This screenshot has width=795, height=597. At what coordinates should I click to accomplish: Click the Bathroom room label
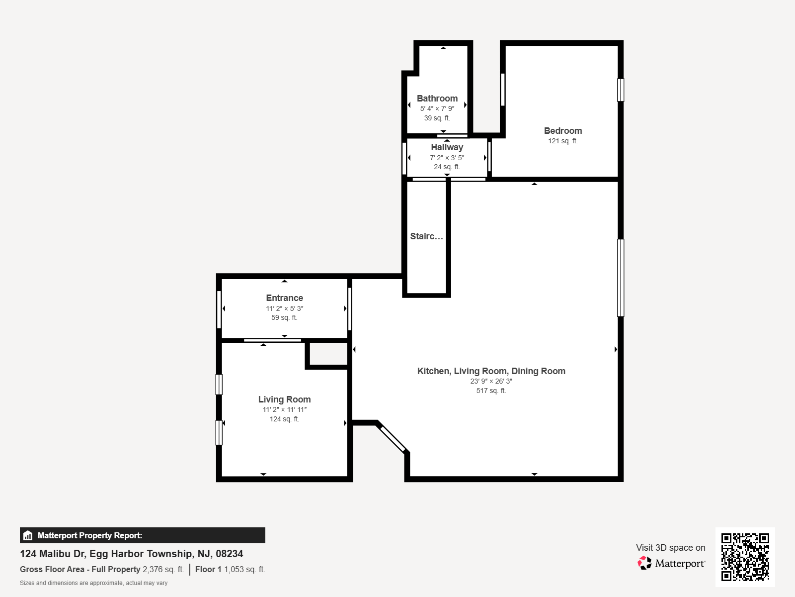pyautogui.click(x=437, y=98)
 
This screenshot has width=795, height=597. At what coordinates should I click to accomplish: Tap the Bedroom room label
pyautogui.click(x=563, y=130)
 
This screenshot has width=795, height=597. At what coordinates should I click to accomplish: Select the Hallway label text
pyautogui.click(x=447, y=147)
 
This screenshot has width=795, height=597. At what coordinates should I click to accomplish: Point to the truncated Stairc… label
pyautogui.click(x=426, y=236)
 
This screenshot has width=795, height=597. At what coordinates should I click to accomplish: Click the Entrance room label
pyautogui.click(x=284, y=298)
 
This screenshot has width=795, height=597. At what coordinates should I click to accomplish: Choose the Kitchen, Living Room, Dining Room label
pyautogui.click(x=491, y=371)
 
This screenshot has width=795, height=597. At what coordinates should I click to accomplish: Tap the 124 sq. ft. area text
pyautogui.click(x=284, y=419)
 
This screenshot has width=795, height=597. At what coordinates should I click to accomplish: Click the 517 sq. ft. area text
pyautogui.click(x=491, y=391)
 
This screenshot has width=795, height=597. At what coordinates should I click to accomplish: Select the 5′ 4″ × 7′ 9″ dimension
pyautogui.click(x=437, y=108)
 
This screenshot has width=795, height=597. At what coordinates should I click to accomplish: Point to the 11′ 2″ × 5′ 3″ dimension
pyautogui.click(x=284, y=308)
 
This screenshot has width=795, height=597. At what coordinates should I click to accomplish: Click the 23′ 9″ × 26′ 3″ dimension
pyautogui.click(x=491, y=381)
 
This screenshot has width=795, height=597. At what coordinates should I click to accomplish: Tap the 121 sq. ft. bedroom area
pyautogui.click(x=563, y=141)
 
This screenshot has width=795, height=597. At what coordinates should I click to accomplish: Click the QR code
pyautogui.click(x=745, y=557)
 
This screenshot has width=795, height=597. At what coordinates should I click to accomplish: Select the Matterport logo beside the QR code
pyautogui.click(x=671, y=563)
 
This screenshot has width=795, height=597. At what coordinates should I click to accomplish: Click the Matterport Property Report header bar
pyautogui.click(x=142, y=535)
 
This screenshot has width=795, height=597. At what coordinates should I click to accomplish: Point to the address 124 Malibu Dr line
pyautogui.click(x=131, y=554)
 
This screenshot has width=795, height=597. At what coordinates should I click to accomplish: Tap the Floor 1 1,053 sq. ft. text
pyautogui.click(x=230, y=569)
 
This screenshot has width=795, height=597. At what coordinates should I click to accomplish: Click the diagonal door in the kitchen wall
pyautogui.click(x=393, y=439)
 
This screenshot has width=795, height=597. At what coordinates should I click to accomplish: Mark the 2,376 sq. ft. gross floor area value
pyautogui.click(x=163, y=569)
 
